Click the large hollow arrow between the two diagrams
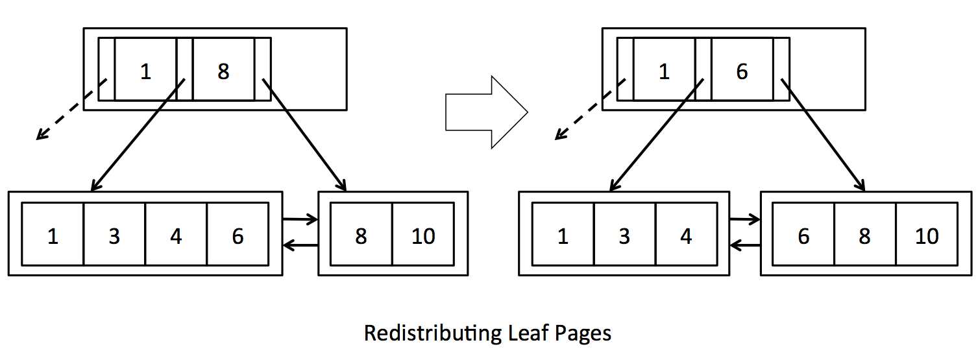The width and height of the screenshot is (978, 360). pos(487,112)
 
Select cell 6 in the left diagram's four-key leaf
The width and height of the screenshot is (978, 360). pos(238,235)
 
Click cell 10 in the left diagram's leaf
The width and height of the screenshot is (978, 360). pos(423,235)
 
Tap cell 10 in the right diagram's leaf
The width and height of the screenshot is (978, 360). pos(927,235)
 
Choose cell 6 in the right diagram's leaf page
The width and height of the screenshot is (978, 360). pos(803,235)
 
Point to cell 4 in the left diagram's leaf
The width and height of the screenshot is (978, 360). pos(176,235)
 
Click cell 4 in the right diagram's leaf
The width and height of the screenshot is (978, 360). pos(686,235)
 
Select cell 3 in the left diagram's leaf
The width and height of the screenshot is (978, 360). pos(114,235)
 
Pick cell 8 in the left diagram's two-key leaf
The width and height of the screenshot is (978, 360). pos(361,235)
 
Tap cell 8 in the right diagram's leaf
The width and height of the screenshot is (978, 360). pos(864,235)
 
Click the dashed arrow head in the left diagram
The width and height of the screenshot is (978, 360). pos(41,136)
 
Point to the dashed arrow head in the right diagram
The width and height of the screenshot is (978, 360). pos(559,136)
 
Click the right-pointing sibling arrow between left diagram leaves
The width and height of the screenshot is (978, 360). pos(300,220)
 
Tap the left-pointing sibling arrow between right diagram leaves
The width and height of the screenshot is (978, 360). pos(745,245)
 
